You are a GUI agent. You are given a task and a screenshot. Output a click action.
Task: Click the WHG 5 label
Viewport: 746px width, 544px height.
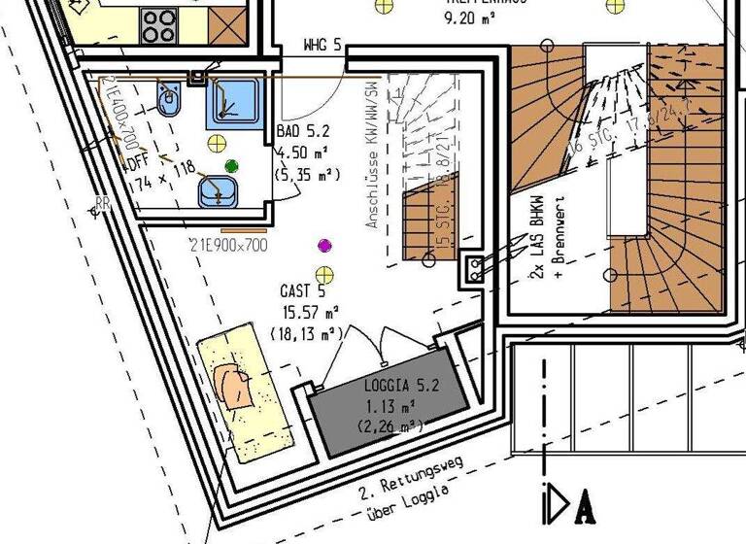[x=322, y=45]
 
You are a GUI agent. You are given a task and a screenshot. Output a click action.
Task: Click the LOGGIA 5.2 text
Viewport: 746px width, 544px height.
[x=401, y=386]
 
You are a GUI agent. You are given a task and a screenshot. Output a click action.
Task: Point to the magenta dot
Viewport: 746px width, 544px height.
[x=324, y=246]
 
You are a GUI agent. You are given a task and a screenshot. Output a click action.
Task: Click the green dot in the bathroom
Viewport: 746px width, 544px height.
[x=231, y=166]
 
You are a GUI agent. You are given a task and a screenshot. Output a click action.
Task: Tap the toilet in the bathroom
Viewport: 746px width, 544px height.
[x=170, y=100]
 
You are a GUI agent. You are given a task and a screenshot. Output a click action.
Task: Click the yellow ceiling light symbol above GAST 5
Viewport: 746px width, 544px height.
[x=324, y=274]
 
